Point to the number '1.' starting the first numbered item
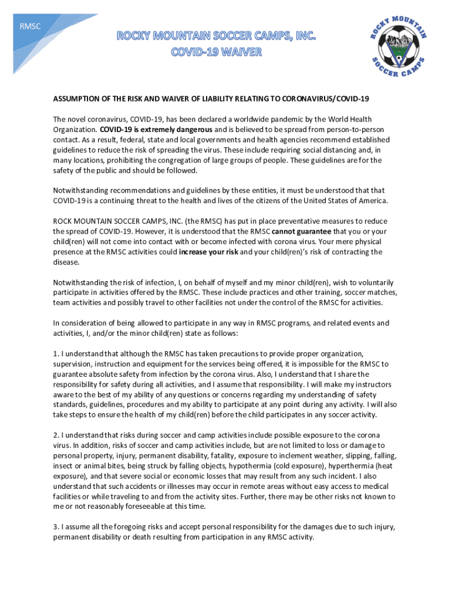[x=56, y=353]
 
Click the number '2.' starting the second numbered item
[x=56, y=435]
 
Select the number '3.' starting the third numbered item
[x=56, y=527]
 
